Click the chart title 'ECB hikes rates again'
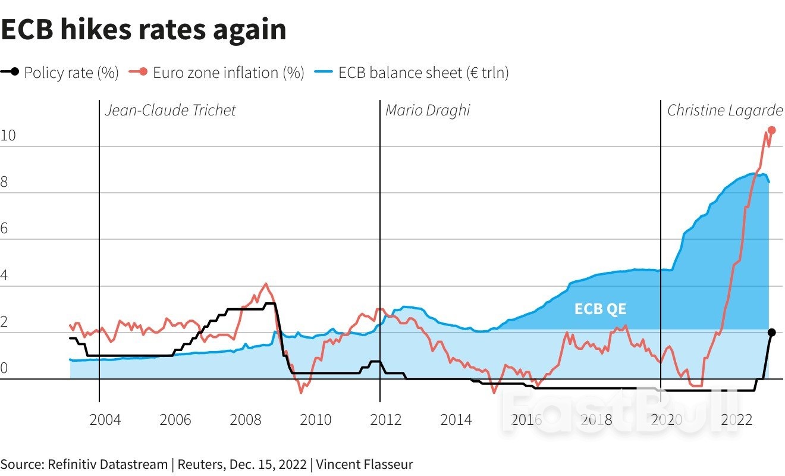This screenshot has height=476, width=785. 143,30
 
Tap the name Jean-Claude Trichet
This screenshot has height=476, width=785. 170,111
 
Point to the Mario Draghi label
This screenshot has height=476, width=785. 428,111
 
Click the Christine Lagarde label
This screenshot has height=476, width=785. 724,111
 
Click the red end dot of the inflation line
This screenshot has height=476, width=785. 771,130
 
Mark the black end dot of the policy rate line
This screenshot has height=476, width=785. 771,333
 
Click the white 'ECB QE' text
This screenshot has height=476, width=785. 600,309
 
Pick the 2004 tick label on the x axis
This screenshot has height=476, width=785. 105,420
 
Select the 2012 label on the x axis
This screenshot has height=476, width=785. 386,420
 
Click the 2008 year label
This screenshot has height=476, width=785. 246,420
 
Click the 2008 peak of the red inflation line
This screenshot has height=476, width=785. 266,284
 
